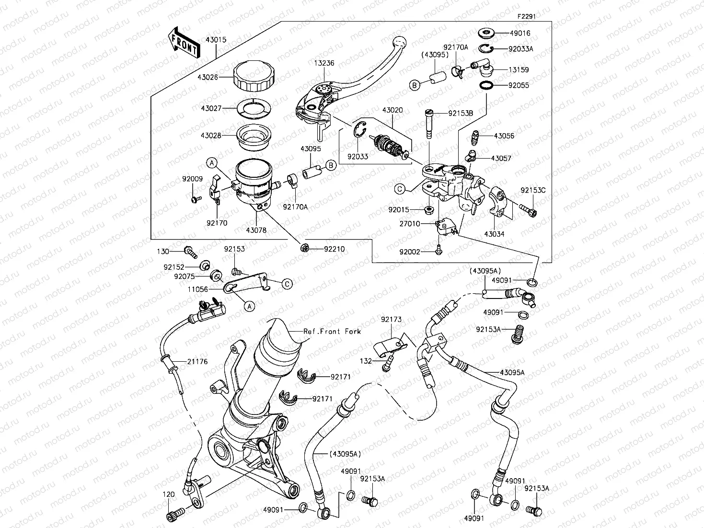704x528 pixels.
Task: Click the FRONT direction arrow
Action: pyautogui.click(x=183, y=43)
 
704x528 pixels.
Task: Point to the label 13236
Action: pyautogui.click(x=324, y=63)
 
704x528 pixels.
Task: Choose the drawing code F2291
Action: pyautogui.click(x=526, y=16)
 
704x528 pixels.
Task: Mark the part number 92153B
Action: pyautogui.click(x=460, y=114)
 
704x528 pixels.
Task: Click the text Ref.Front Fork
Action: pyautogui.click(x=332, y=331)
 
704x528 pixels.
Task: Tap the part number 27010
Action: pyautogui.click(x=410, y=224)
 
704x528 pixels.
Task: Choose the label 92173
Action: pyautogui.click(x=392, y=320)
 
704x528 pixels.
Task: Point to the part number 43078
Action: pyautogui.click(x=256, y=230)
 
